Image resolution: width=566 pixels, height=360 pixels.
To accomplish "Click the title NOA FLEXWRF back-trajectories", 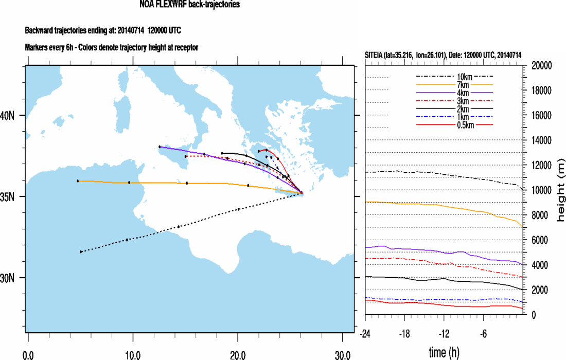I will coord(189,5).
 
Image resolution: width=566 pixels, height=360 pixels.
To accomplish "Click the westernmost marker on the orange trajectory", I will coord(78,181).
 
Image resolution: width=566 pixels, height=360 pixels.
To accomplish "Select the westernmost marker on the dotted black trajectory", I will coord(81,251).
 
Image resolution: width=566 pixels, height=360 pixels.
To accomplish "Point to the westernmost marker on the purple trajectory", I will coord(160,147).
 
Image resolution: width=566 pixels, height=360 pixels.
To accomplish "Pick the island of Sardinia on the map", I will coord(121,114).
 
